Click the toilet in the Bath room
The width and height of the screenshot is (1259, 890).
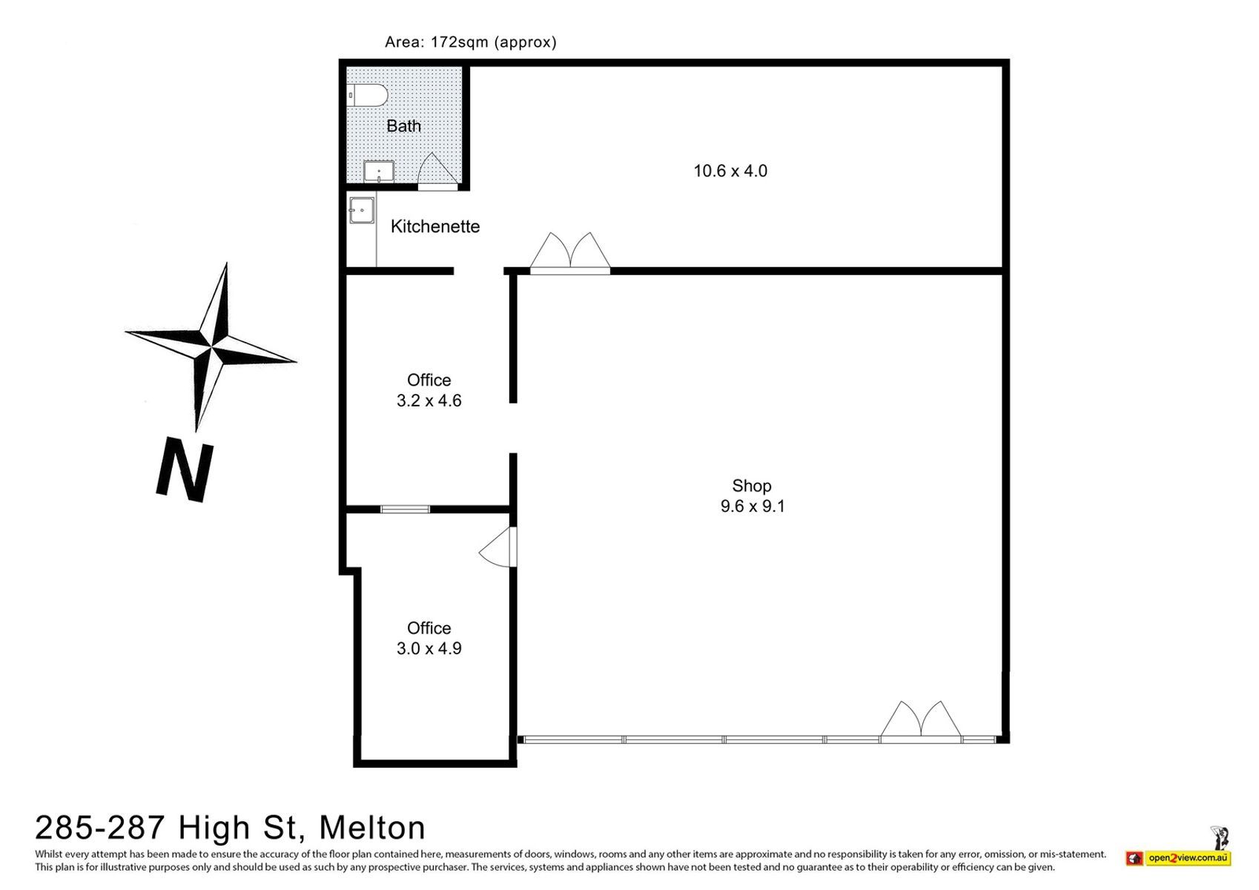(x=367, y=95)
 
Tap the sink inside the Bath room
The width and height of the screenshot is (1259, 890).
(x=379, y=171)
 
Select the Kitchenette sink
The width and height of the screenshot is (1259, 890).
(x=361, y=211)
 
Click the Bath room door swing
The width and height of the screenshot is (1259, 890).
(x=438, y=168)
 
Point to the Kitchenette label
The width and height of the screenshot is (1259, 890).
(x=435, y=226)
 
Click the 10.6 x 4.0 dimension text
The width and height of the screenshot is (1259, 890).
(x=730, y=171)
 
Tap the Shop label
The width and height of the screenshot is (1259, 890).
(x=751, y=485)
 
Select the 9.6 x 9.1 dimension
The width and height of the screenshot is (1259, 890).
(x=753, y=506)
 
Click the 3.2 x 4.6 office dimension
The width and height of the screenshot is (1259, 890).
(x=429, y=400)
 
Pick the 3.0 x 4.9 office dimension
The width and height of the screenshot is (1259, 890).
(x=429, y=648)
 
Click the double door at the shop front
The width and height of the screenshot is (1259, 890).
(x=921, y=722)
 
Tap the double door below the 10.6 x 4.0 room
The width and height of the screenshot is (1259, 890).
(x=570, y=252)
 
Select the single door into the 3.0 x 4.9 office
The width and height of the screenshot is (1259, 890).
(x=498, y=547)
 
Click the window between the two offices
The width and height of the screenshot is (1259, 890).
(x=406, y=510)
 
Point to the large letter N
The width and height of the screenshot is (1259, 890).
(x=185, y=471)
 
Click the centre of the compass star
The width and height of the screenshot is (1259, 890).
(x=211, y=346)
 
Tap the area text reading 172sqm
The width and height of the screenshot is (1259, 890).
(x=459, y=42)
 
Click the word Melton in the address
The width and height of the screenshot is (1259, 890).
(x=372, y=828)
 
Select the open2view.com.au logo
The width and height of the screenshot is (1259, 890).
(x=1179, y=858)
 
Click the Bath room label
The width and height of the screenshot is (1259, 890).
(x=403, y=126)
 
